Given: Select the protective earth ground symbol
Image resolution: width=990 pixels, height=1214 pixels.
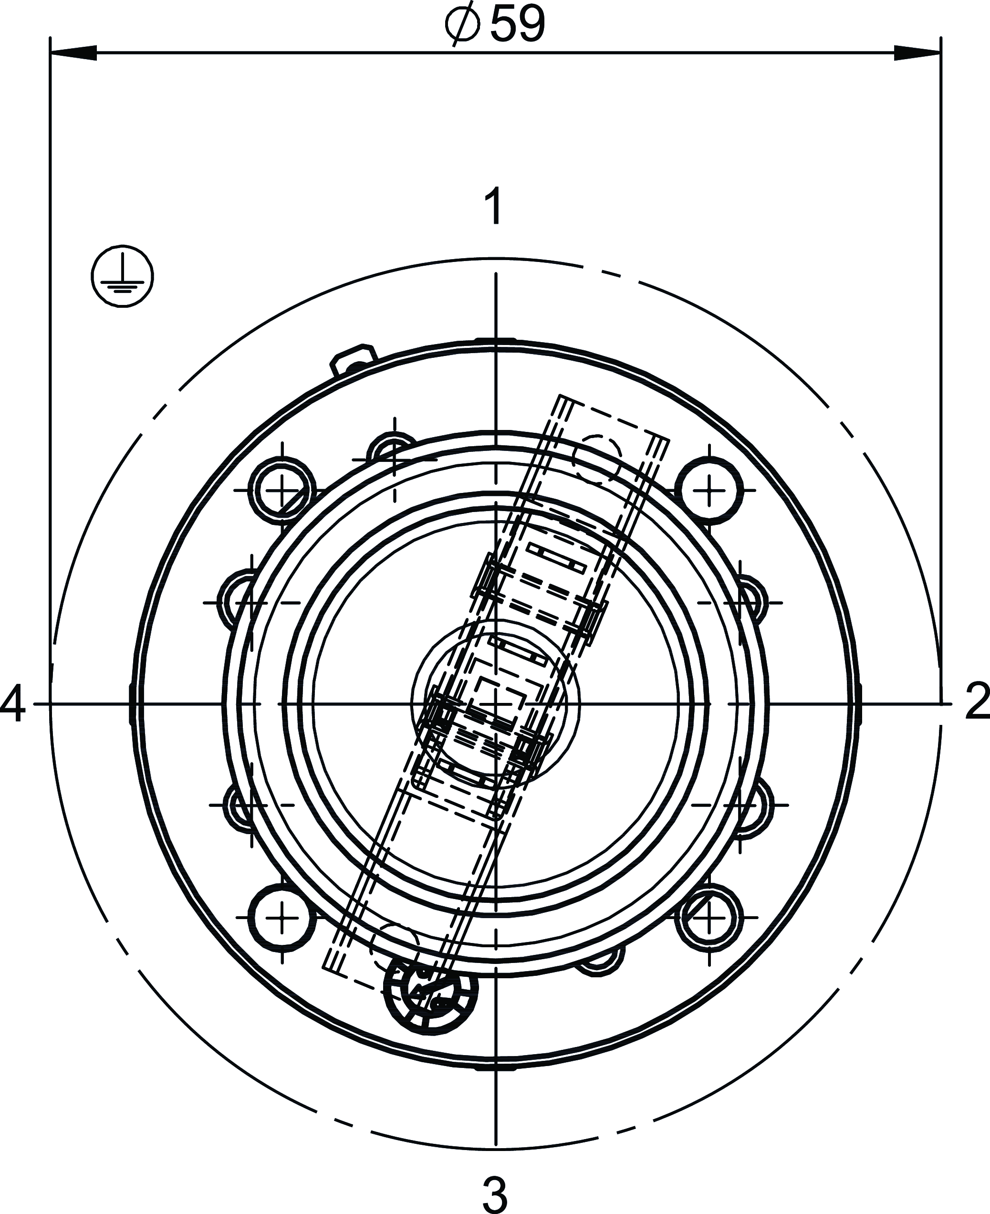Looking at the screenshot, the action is coord(123,276).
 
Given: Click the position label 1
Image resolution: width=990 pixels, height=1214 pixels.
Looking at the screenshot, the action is coord(494,206).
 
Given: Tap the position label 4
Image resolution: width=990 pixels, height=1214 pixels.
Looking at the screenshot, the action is coord(12,704).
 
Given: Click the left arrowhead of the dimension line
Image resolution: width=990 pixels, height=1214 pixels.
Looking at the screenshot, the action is coord(73,53).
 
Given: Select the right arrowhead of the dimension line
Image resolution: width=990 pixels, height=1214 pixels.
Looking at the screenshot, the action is coord(917,53).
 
